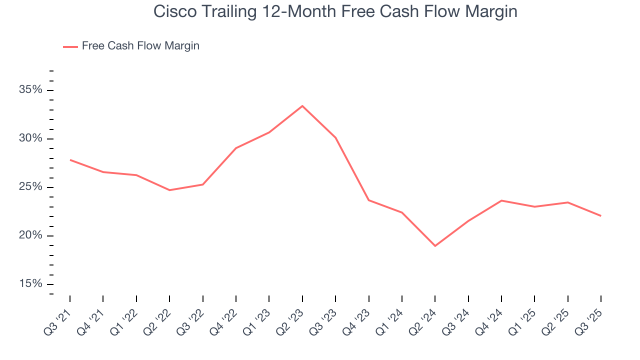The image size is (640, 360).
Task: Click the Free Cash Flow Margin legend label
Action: [x=140, y=46]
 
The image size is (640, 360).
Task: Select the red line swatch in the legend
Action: [x=70, y=46]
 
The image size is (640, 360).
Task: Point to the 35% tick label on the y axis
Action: [x=30, y=90]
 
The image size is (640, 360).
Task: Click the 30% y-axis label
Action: [x=30, y=138]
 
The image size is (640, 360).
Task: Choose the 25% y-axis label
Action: [x=30, y=187]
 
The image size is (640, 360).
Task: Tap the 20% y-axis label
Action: [x=30, y=235]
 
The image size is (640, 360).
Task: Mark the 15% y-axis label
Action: [x=30, y=284]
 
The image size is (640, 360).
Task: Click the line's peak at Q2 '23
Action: [x=302, y=106]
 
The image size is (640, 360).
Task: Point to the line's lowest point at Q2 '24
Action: [x=435, y=245]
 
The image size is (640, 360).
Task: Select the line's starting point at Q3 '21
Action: [x=70, y=160]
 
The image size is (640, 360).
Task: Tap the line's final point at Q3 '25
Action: [x=600, y=215]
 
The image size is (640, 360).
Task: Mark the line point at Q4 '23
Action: [x=368, y=200]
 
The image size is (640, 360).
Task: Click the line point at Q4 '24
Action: [x=501, y=200]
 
